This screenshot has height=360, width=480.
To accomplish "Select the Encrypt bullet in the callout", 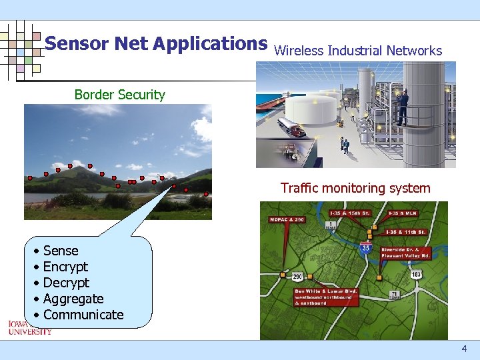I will click(x=65, y=267).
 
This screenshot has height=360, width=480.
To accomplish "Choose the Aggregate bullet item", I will click(x=73, y=299).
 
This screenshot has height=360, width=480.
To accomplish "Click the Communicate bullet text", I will click(x=83, y=315).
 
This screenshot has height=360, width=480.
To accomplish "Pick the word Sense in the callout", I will click(x=61, y=251).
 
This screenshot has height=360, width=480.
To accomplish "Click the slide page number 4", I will click(x=464, y=349).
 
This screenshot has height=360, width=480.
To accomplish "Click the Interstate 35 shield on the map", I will click(x=365, y=248).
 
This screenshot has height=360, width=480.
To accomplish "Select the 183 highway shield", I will click(x=415, y=274).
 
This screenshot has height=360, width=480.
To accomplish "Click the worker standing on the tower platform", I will click(x=403, y=107).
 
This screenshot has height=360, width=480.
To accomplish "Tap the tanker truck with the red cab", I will click(x=293, y=127).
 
